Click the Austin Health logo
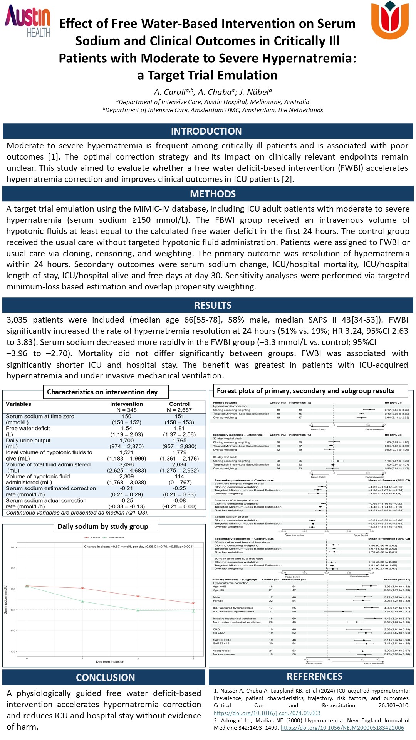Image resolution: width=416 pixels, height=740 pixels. (28, 21)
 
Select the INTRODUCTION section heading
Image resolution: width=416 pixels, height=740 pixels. (206, 131)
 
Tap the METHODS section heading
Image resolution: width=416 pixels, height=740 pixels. (213, 194)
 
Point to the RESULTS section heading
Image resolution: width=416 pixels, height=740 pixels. (213, 305)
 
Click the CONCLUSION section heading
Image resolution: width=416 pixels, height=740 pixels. (105, 678)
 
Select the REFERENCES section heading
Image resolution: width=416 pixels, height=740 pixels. (314, 676)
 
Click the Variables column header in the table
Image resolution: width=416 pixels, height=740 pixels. (18, 404)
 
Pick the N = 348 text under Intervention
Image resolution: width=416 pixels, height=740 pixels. (126, 410)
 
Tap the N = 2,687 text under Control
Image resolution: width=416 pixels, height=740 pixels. (179, 410)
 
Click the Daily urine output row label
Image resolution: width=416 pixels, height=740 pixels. (28, 440)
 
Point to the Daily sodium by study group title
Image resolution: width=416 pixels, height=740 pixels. (102, 526)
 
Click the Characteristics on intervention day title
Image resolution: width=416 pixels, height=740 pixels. (102, 392)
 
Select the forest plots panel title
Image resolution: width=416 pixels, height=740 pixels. (305, 391)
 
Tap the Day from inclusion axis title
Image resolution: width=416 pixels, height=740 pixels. (110, 661)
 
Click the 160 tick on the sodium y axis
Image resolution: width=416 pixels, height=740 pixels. (13, 547)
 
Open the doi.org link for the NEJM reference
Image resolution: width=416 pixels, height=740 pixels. (342, 728)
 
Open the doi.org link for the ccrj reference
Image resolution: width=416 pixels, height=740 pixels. (267, 713)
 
